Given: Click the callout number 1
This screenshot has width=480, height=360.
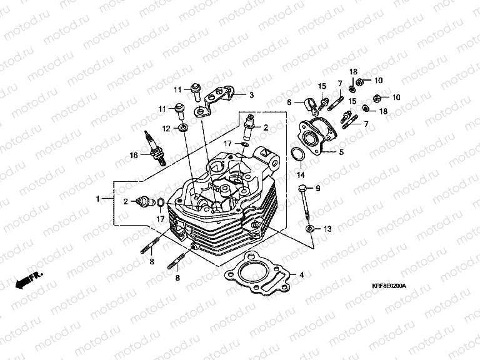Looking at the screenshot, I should click(x=98, y=199).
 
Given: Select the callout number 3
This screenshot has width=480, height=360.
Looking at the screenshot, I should click(x=251, y=96).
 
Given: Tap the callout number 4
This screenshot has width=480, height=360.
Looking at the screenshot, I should click(x=301, y=274).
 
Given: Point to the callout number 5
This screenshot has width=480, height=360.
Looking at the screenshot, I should click(x=341, y=152).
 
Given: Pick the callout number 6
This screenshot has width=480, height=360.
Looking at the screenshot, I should click(x=289, y=102).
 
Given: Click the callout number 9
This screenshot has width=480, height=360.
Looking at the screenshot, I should click(x=317, y=189).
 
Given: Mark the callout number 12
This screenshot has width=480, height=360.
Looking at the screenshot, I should click(x=167, y=128).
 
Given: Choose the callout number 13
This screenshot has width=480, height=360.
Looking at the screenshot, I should click(x=327, y=229).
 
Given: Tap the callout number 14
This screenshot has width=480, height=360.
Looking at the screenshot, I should click(x=301, y=174).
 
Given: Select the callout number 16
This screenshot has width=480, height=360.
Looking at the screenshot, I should click(x=132, y=155).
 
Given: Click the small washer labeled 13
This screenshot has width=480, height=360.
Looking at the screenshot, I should click(x=310, y=230).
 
